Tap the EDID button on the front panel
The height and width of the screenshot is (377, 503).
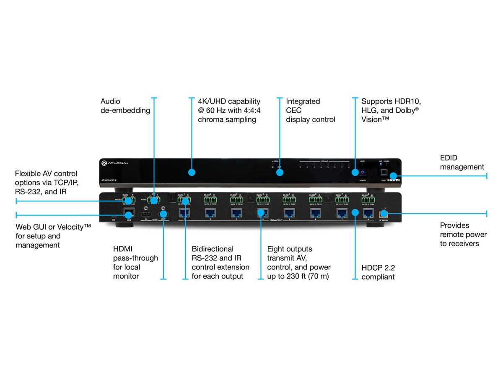[x=383, y=172]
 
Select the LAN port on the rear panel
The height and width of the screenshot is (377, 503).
[x=129, y=212]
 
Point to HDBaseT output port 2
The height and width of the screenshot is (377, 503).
[x=210, y=212]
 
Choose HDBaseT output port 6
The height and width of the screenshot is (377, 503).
[x=315, y=212]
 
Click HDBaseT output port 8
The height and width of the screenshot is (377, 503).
[x=368, y=212]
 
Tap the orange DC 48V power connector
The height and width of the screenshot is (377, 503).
[x=383, y=215]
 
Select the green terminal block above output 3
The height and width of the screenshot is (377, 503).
[x=236, y=200]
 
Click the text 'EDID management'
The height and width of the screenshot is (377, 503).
[x=462, y=163]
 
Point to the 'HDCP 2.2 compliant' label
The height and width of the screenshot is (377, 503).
[x=378, y=272]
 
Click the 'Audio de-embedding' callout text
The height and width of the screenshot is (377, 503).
[x=125, y=106]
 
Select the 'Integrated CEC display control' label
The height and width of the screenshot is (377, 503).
[x=310, y=110]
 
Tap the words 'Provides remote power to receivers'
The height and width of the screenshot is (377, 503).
[x=459, y=235]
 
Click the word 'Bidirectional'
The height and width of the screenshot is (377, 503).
[x=213, y=249]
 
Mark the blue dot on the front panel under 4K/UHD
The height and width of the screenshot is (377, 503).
[x=192, y=172]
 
